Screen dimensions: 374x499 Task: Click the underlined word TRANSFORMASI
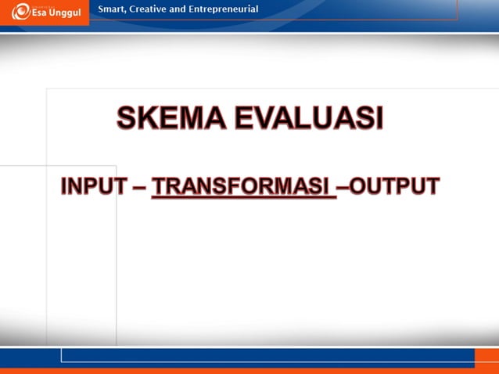[x=242, y=188]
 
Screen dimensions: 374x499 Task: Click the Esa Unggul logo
[x=45, y=11]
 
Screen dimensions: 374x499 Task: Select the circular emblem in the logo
[x=20, y=11]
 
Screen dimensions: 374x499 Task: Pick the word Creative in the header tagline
[x=155, y=9]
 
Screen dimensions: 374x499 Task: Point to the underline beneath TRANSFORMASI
[x=243, y=199]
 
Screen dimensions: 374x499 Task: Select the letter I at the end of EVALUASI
[x=379, y=120]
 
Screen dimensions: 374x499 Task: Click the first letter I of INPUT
[x=65, y=188]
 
